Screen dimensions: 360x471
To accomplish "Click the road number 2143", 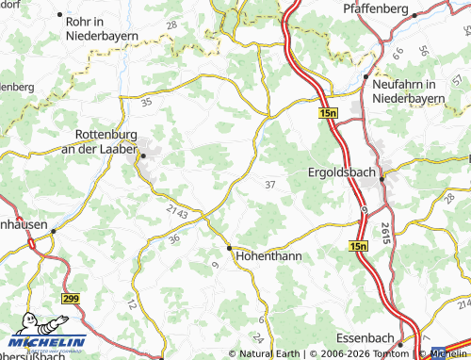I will point(176,214).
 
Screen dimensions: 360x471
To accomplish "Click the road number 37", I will point(271,184).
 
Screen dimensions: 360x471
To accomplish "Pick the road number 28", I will point(171,24).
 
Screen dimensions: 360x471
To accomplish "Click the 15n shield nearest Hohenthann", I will point(357,246).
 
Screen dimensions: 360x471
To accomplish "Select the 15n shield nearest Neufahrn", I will point(327,112).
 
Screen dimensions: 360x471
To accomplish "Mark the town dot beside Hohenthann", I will point(229,247).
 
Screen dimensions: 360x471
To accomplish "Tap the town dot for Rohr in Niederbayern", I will point(61,17).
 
